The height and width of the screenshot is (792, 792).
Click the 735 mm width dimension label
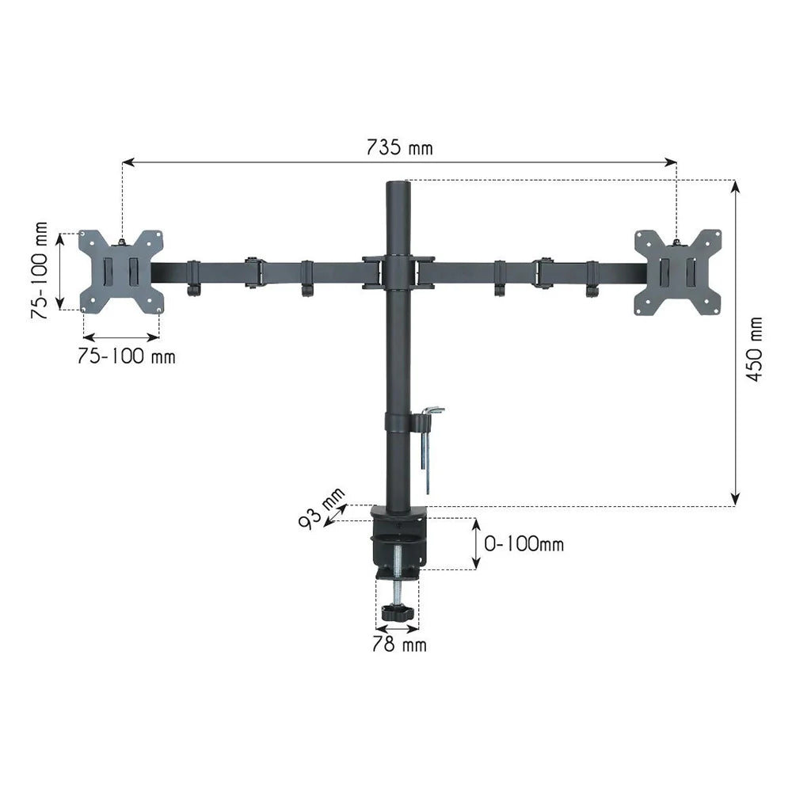coord(399,147)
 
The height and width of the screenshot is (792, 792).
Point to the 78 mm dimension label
coord(399,645)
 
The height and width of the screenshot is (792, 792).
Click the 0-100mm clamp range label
coord(524,544)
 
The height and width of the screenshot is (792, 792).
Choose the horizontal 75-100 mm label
coord(126,356)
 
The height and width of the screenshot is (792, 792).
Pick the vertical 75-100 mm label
coord(40,270)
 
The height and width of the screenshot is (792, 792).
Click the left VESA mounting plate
coord(121,271)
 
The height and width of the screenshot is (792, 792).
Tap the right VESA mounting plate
coord(678,272)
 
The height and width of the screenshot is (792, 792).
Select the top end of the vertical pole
coord(398,187)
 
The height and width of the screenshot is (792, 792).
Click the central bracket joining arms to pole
coord(398,272)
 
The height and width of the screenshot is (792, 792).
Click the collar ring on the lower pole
coord(398,421)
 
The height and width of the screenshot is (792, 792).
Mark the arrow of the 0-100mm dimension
coord(476,544)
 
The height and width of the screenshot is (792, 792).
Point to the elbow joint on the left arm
coord(253,272)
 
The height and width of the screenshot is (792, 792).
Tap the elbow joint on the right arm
coord(544,272)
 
